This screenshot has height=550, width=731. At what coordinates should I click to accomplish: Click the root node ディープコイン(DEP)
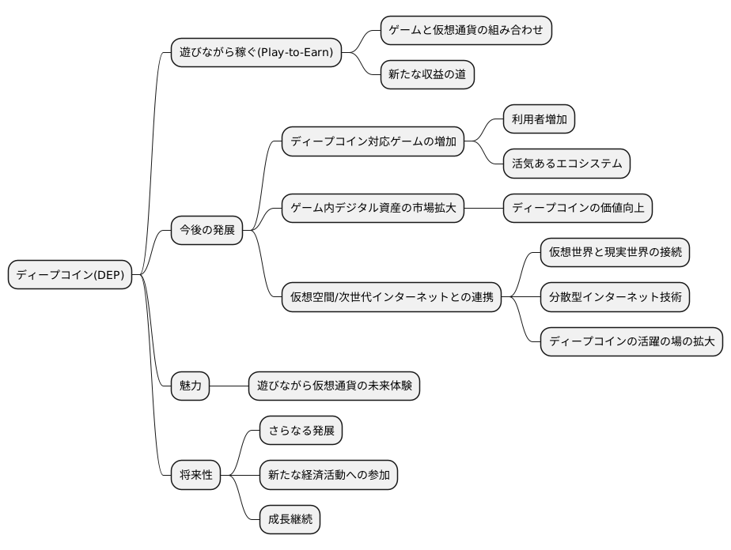[x=71, y=275]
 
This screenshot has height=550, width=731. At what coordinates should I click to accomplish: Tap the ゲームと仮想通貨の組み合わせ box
[x=465, y=31]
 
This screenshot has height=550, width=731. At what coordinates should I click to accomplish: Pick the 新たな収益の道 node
[x=427, y=75]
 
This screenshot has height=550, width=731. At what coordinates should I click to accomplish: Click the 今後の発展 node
[x=206, y=231]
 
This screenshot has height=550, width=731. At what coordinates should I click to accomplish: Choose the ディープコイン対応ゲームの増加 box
[x=373, y=142]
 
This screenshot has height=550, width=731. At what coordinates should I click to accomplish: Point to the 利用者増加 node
[x=539, y=120]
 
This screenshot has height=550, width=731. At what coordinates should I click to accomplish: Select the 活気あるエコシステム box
[x=566, y=164]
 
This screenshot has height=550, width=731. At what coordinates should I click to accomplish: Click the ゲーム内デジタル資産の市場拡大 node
[x=373, y=209]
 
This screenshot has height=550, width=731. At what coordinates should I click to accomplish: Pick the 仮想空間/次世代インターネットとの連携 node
[x=392, y=297]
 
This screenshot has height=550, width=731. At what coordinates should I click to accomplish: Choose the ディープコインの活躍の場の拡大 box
[x=631, y=341]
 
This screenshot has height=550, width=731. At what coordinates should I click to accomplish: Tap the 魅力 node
[x=190, y=386]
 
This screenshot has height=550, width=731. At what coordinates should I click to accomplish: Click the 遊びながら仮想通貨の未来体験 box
[x=334, y=386]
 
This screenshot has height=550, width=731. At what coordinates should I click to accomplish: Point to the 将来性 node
[x=195, y=475]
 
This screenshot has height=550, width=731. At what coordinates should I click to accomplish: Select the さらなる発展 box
[x=301, y=431]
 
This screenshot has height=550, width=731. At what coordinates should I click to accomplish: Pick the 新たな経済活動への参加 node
[x=328, y=475]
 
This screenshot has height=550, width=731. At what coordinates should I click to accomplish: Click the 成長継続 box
[x=290, y=519]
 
